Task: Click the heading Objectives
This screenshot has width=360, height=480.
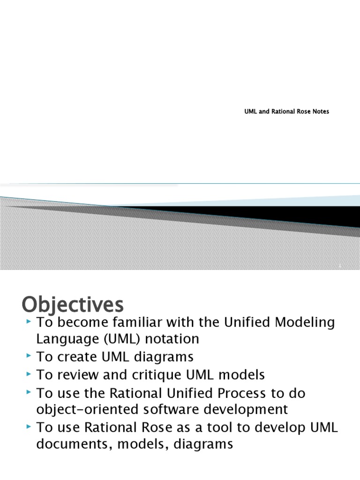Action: (x=73, y=305)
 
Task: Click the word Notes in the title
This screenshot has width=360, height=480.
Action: (x=320, y=112)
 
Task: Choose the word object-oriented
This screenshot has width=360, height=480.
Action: (x=90, y=409)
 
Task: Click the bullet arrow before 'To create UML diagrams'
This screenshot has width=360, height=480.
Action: (x=29, y=357)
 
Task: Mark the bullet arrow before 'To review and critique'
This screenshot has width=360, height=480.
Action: (x=29, y=375)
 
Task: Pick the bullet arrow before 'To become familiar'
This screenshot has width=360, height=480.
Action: (x=29, y=322)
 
